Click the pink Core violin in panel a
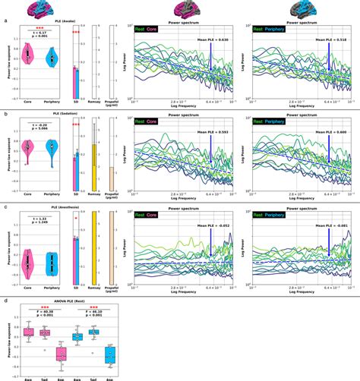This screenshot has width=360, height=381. click(x=28, y=55)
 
